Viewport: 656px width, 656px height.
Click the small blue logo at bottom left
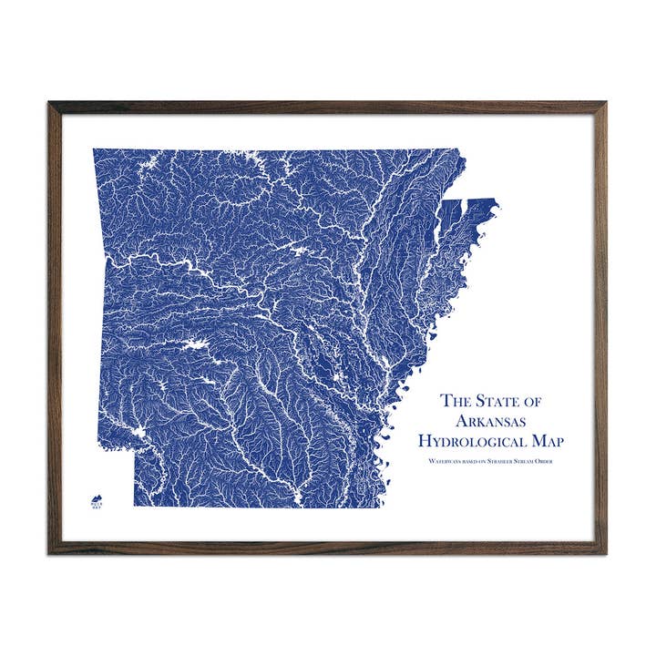pyautogui.click(x=95, y=500)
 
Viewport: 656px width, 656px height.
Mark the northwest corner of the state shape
pyautogui.click(x=94, y=149)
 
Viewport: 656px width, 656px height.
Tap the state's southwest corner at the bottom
pyautogui.click(x=135, y=506)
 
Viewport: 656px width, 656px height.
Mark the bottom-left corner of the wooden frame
pyautogui.click(x=51, y=552)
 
